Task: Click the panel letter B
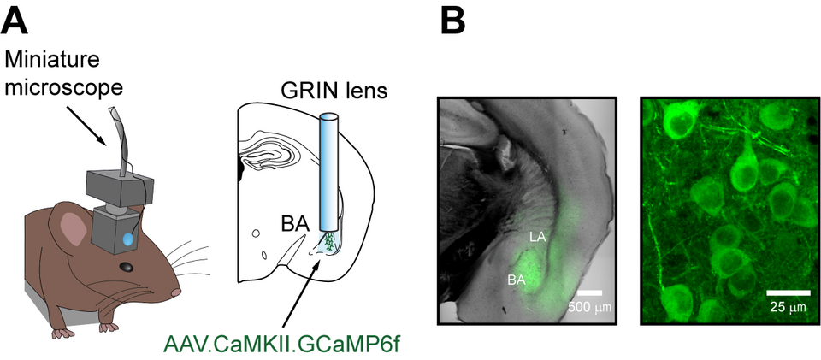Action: pos(453,20)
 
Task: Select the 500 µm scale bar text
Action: pos(589,307)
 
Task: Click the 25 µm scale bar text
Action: pos(784,306)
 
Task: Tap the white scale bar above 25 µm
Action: pos(783,290)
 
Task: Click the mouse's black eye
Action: pos(126,268)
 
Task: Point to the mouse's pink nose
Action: pos(177,292)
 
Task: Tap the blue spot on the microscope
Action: pos(127,241)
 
